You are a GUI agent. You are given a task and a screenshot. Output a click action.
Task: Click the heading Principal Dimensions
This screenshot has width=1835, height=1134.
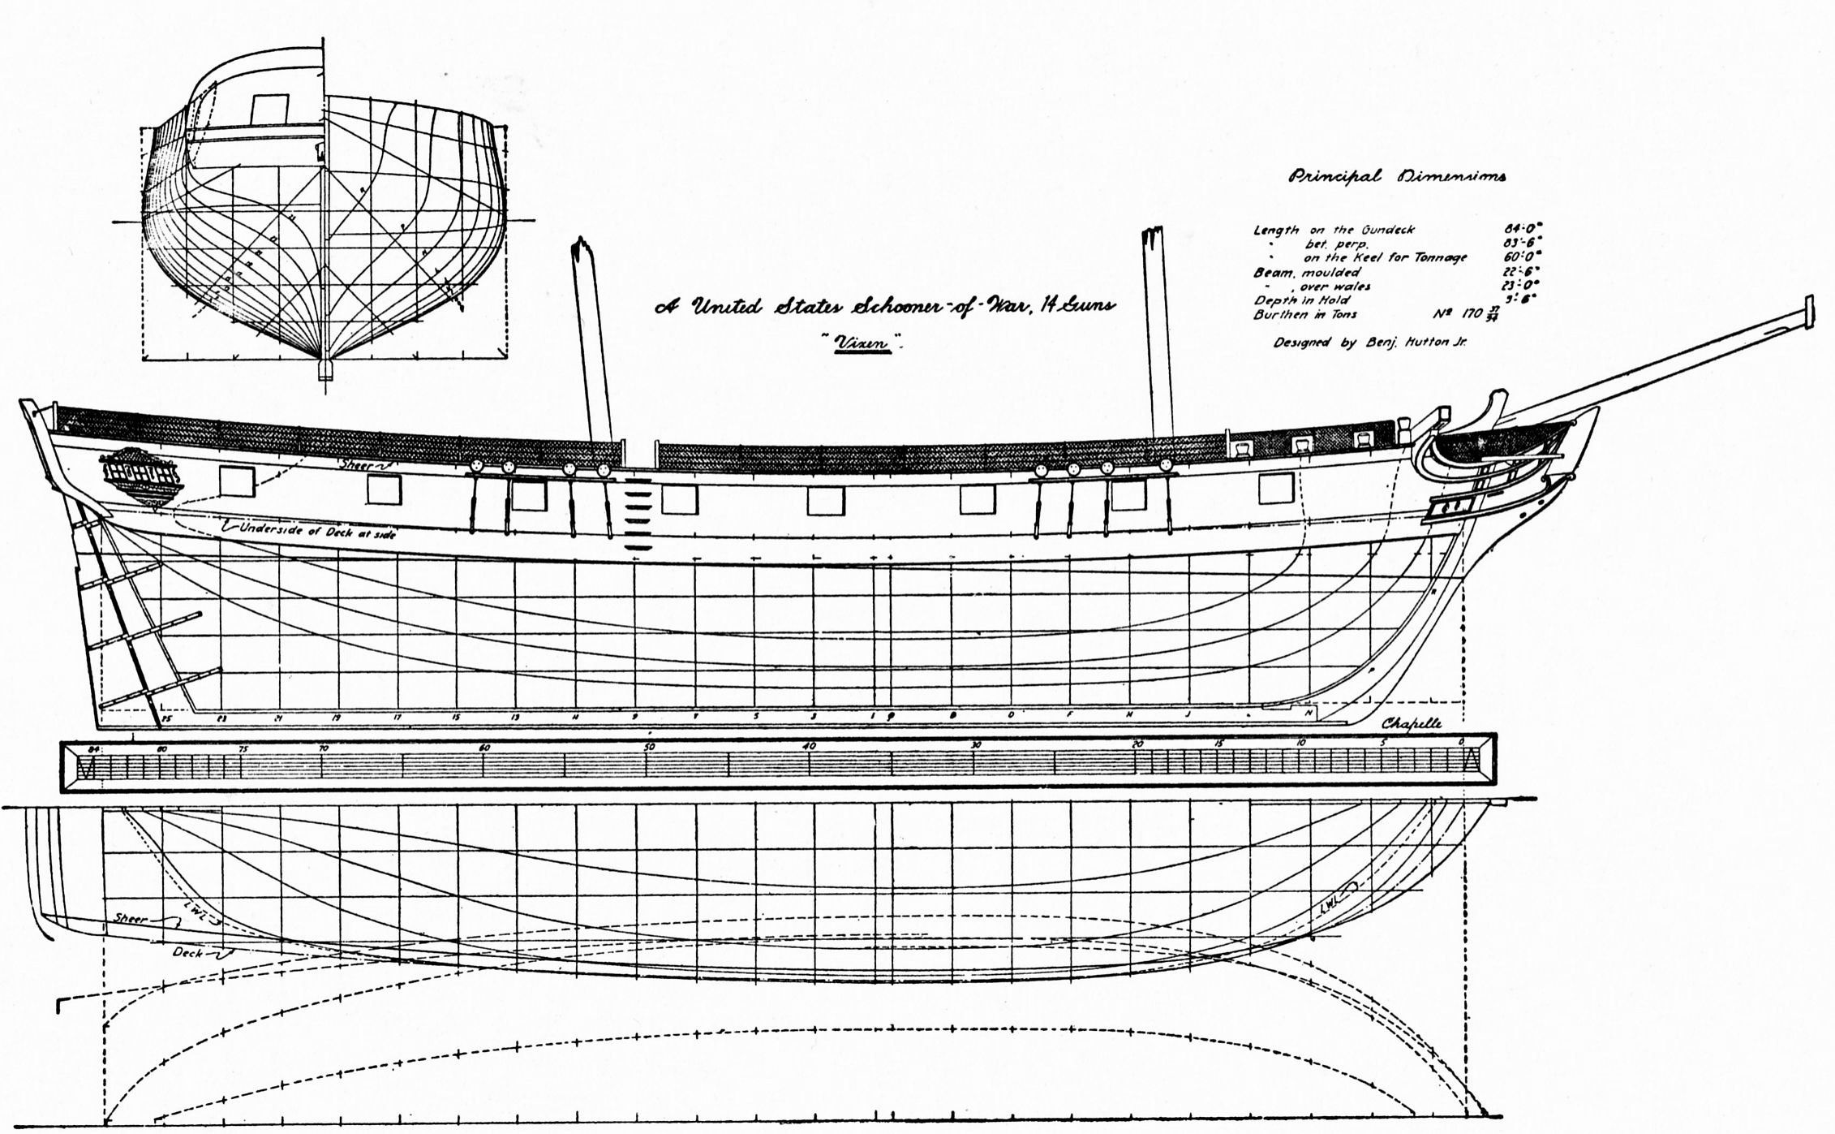[x=1397, y=177]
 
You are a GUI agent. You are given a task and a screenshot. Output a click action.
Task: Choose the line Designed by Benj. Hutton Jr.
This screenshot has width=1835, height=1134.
[x=1369, y=343]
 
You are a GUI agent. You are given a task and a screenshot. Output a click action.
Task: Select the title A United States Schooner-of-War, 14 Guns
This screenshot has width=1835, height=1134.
[x=884, y=307]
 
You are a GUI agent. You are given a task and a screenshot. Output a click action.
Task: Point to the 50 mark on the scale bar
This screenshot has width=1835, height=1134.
[x=649, y=747]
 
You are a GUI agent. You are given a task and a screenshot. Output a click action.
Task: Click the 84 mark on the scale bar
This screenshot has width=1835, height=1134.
[x=93, y=748]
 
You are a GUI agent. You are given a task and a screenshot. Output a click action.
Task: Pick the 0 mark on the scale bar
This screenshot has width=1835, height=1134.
[x=1461, y=743]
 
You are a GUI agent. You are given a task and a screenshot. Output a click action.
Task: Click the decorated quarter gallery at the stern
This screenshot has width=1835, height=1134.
[x=140, y=476]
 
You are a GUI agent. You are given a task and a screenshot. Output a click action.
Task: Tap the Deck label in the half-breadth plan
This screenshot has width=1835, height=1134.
[x=187, y=952]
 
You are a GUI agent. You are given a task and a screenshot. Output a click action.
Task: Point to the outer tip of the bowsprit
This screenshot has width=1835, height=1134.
[x=1807, y=312]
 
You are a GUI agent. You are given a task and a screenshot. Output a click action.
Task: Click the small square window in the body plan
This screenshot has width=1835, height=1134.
[x=269, y=109]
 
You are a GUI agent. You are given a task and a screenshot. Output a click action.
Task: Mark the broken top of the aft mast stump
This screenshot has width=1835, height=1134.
[x=581, y=248]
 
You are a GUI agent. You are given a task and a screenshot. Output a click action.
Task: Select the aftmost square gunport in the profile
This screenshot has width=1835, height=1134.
[x=237, y=481]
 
